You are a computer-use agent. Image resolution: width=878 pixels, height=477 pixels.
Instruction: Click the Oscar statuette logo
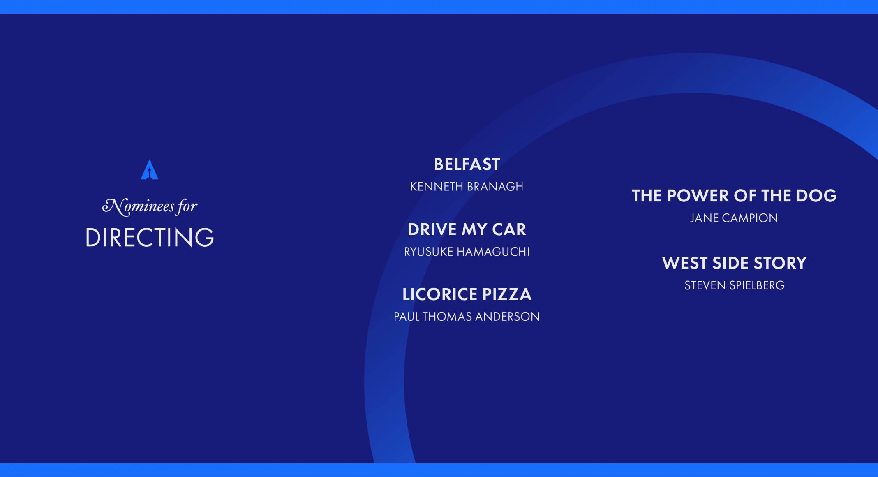150,169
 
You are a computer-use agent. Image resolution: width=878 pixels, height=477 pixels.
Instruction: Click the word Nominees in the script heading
138,206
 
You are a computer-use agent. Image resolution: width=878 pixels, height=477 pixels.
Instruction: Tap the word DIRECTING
150,237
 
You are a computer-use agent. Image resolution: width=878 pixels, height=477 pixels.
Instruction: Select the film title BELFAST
467,164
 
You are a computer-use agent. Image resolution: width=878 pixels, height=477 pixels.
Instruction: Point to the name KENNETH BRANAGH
467,187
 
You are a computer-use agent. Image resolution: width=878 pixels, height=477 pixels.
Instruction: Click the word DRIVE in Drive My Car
432,229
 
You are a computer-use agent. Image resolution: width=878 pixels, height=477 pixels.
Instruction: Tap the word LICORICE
440,294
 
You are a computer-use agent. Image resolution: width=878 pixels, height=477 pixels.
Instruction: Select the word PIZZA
507,294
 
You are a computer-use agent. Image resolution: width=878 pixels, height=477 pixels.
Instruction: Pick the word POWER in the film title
698,196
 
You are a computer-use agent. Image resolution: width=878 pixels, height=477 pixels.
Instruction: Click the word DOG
816,196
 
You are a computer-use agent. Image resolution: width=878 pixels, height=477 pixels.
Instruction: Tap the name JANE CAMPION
734,218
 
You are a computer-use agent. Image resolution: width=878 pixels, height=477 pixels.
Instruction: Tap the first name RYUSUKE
429,252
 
